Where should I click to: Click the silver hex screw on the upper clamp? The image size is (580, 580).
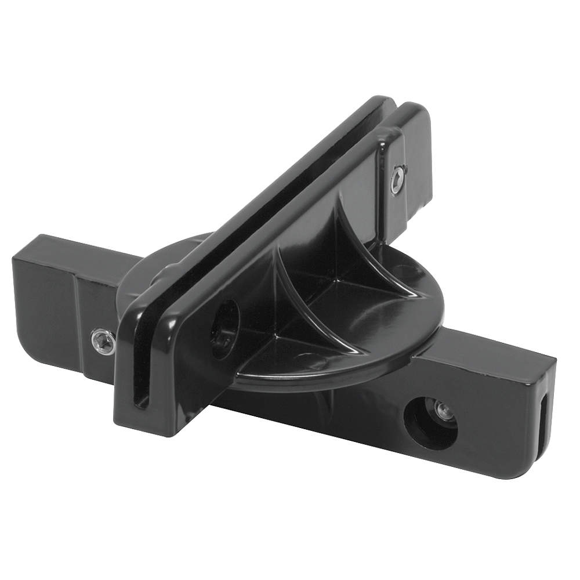(397, 179)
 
